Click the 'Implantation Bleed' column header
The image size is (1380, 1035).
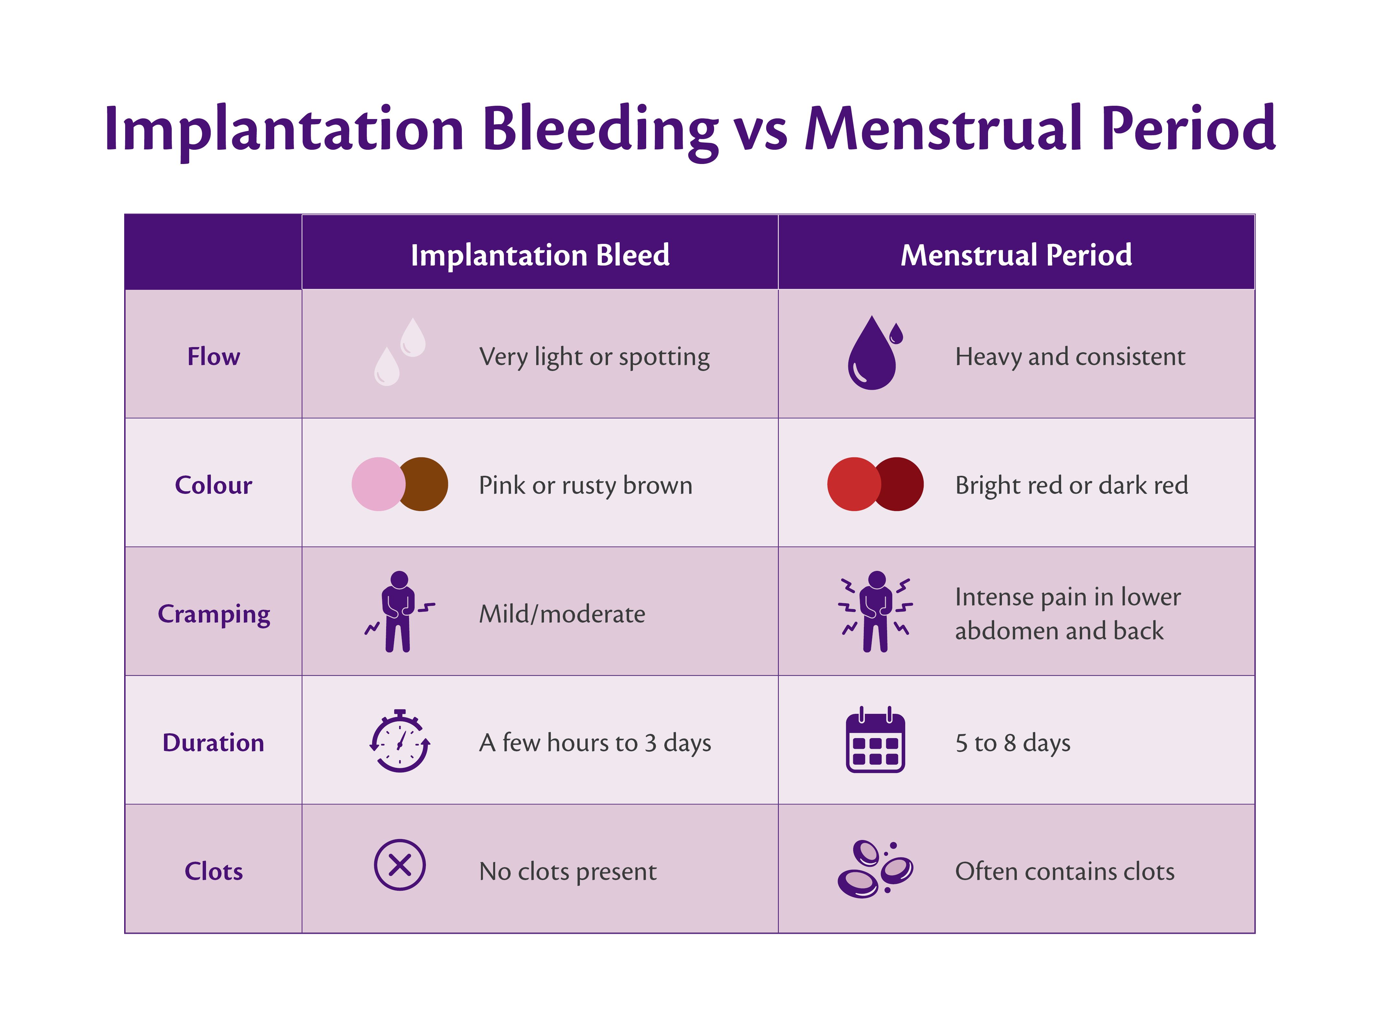(540, 255)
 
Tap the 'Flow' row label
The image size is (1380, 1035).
(213, 356)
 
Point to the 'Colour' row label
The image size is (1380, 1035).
(213, 485)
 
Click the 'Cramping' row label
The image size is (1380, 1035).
(213, 614)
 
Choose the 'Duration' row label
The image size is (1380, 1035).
(213, 742)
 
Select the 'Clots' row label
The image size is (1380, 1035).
(213, 871)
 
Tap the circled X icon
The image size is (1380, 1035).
(400, 865)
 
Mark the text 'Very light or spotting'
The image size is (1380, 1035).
(594, 357)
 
